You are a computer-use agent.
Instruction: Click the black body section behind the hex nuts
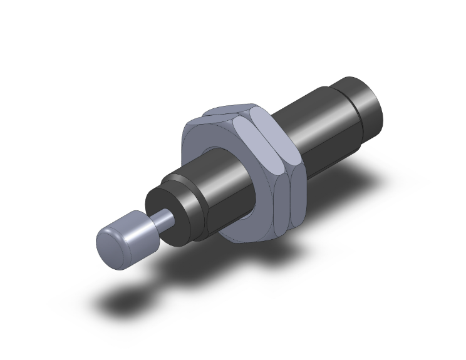point(313,125)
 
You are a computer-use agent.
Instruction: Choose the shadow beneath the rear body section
point(351,182)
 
